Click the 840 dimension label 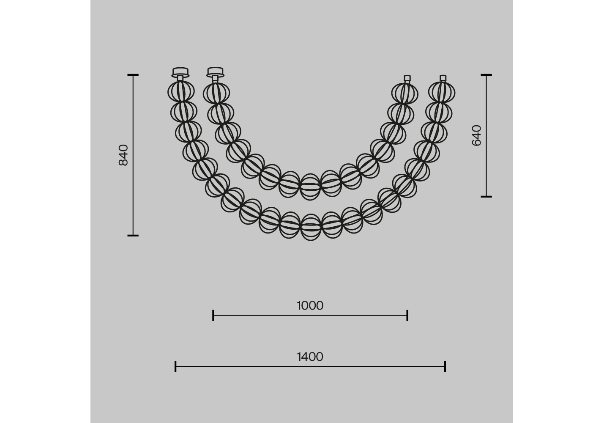123,155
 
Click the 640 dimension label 477,135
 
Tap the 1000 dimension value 310,306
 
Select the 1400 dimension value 310,357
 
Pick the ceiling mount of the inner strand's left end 216,72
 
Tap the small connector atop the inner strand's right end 407,79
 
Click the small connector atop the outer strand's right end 443,79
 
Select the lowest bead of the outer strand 311,227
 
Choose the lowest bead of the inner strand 310,187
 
